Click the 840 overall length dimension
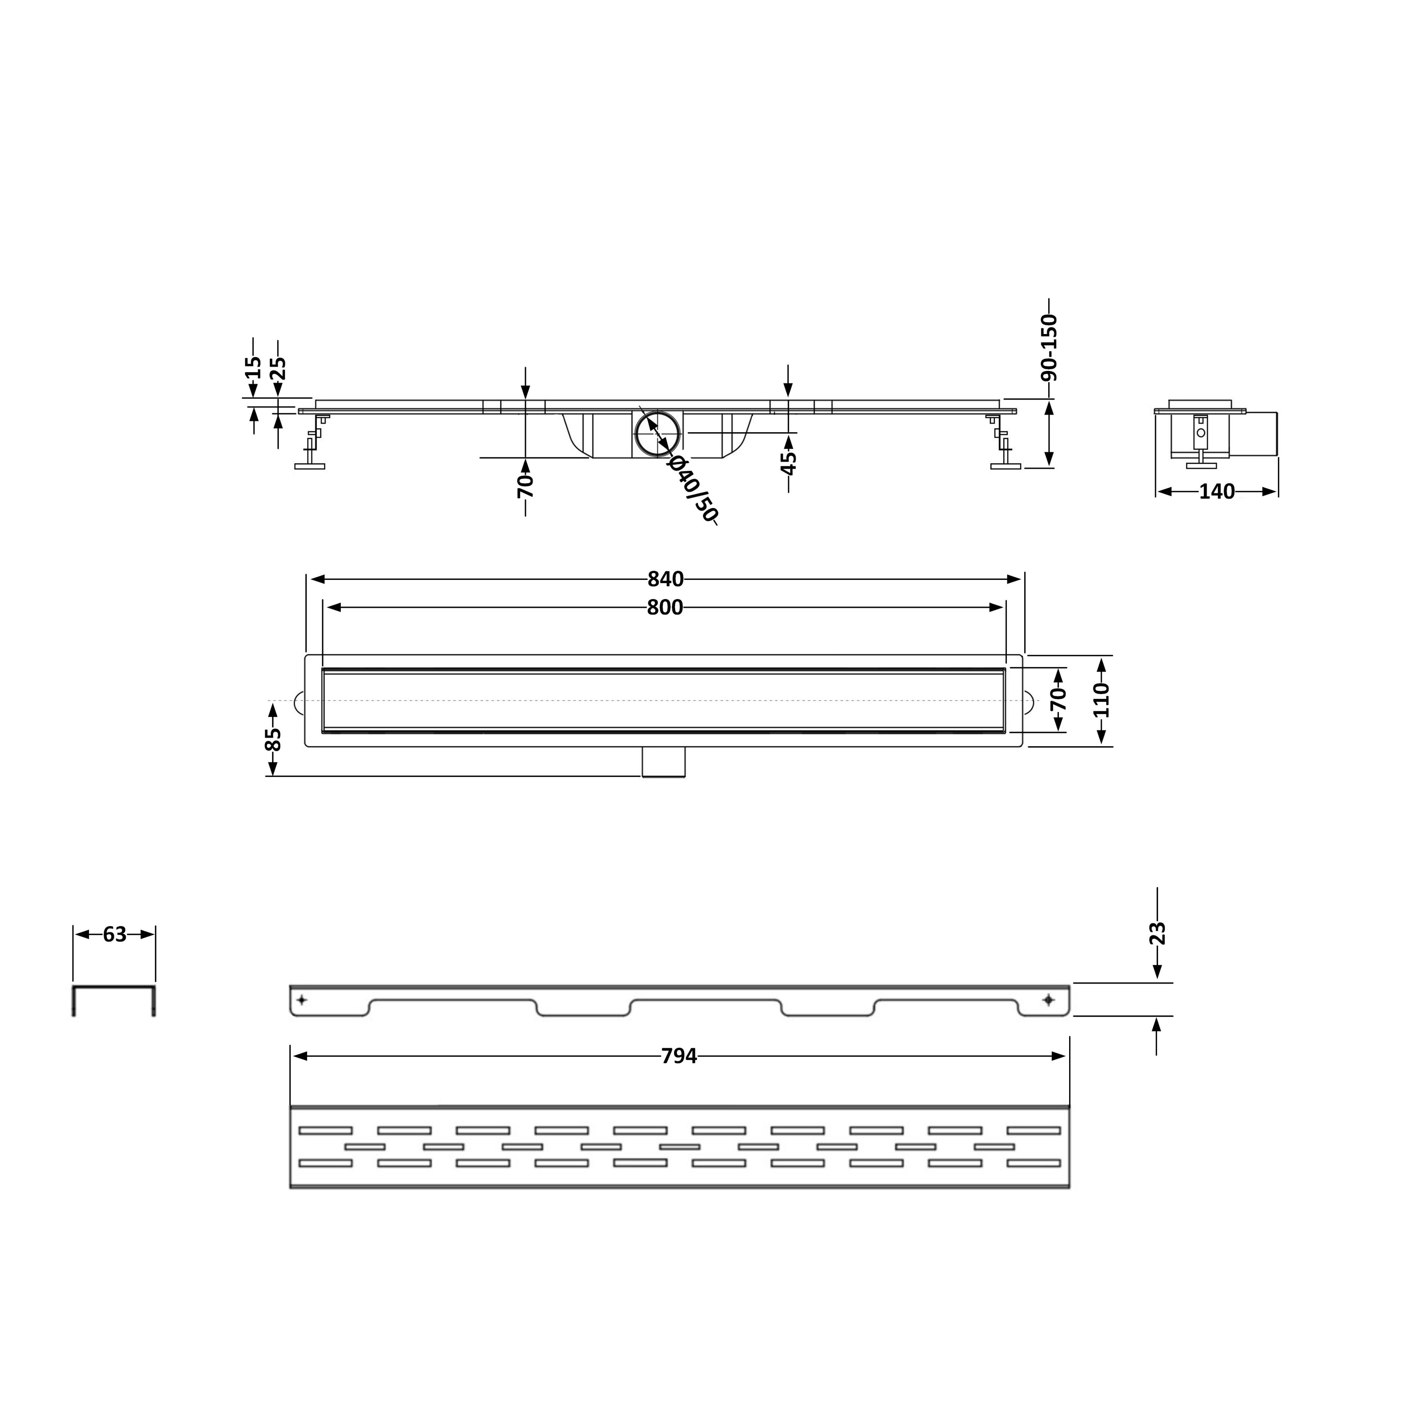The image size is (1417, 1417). click(665, 580)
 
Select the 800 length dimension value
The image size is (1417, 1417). click(665, 607)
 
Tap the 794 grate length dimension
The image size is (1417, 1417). click(679, 1056)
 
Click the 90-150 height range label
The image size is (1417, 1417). click(1050, 347)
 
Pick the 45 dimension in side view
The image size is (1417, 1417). click(789, 463)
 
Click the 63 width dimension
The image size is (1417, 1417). click(114, 935)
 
